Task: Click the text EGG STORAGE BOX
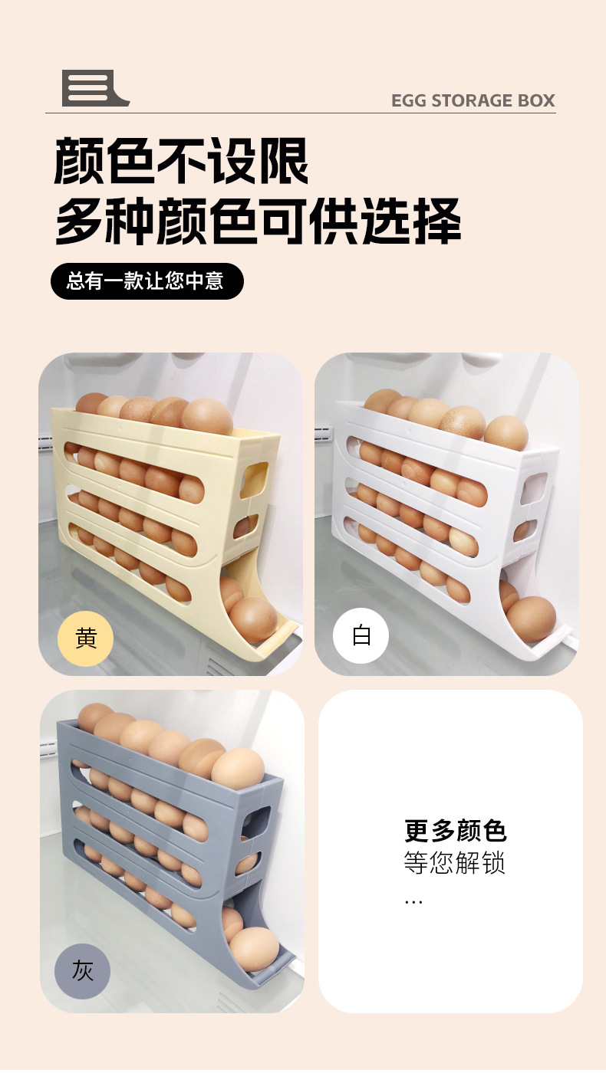[x=473, y=100]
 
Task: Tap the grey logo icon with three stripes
[x=92, y=88]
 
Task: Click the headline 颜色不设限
[x=181, y=161]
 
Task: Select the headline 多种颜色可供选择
[x=258, y=221]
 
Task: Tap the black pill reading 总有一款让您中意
[x=147, y=281]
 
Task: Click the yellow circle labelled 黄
[x=86, y=638]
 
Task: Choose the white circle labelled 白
[x=361, y=636]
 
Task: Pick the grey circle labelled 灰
[x=82, y=971]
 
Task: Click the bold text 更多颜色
[x=455, y=831]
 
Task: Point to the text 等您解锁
[x=455, y=864]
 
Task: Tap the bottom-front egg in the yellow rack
[x=253, y=619]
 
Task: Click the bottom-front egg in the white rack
[x=531, y=619]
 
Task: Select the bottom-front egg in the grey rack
[x=255, y=949]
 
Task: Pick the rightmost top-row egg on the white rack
[x=506, y=432]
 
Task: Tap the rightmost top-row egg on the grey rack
[x=238, y=769]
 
